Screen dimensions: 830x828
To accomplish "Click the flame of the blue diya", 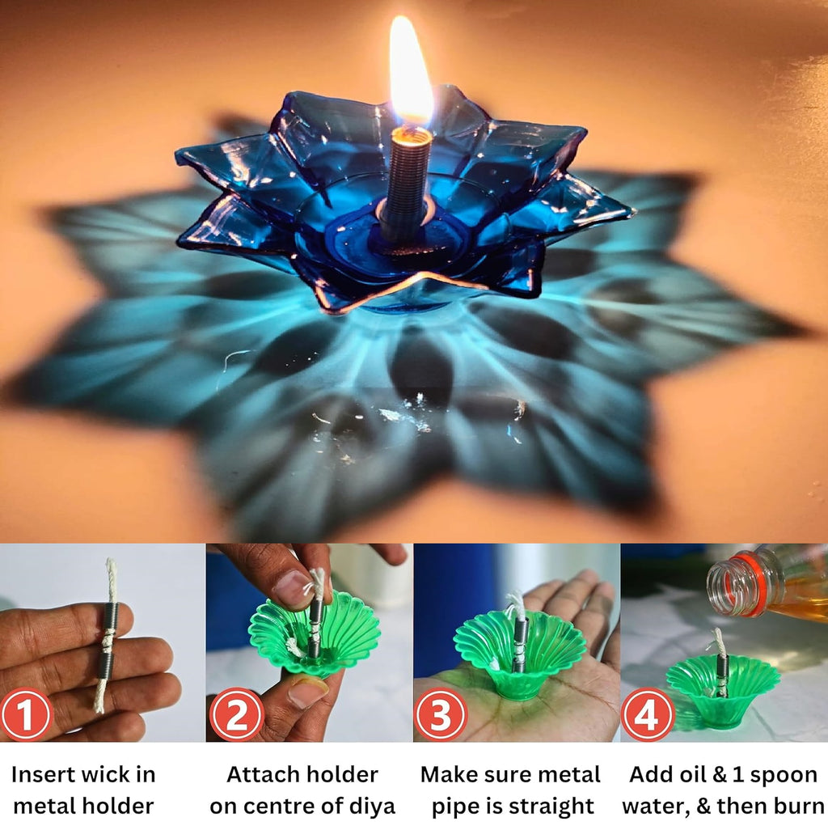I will pyautogui.click(x=410, y=73).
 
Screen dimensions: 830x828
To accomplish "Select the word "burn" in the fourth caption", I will pyautogui.click(x=796, y=807).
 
